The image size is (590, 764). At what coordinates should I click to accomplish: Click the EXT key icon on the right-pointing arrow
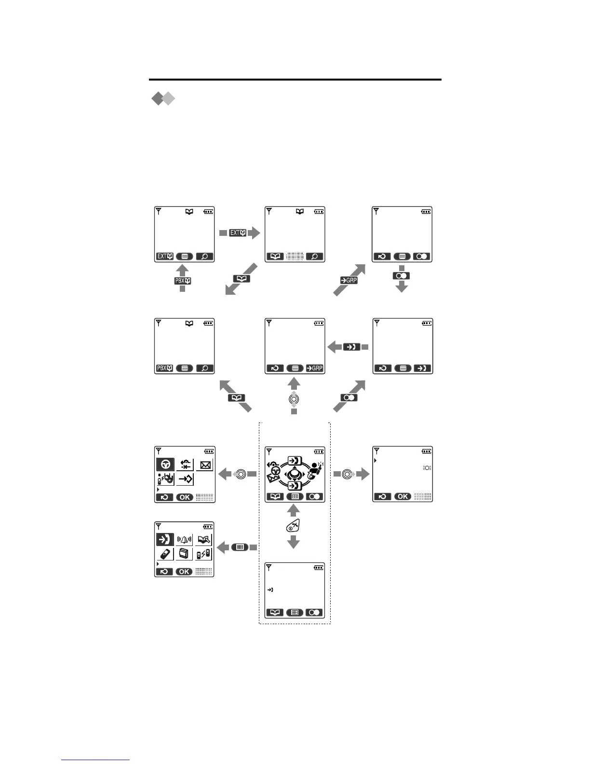coord(238,233)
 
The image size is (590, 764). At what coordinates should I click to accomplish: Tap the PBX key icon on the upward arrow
coord(183,281)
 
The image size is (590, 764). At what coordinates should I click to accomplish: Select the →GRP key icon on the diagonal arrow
coord(349,280)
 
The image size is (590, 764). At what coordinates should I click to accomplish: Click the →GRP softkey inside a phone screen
coord(315,368)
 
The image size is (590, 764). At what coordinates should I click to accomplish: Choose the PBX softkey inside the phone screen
coord(164,368)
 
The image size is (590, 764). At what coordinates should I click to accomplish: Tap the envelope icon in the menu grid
coord(204,465)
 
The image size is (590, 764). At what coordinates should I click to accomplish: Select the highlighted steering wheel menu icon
coord(165,464)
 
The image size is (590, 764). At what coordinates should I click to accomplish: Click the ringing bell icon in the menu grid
coord(184,539)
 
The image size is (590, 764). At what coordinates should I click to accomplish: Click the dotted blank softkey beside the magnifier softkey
coord(295,257)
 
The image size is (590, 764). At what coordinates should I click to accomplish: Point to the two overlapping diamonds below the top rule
coord(163,99)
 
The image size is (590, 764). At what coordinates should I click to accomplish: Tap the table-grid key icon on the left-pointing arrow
coord(240,547)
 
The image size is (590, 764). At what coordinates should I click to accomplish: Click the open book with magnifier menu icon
coord(204,539)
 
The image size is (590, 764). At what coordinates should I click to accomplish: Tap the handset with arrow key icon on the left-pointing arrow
coord(352,347)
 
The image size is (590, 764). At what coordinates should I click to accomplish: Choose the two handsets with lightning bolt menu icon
coord(204,555)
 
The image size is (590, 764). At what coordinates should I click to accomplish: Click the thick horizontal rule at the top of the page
coord(295,80)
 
